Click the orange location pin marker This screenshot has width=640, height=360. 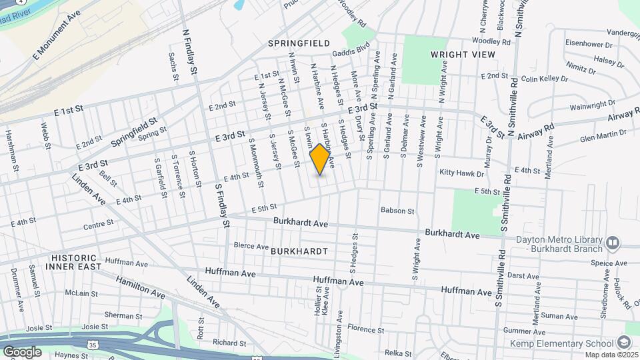[320, 159]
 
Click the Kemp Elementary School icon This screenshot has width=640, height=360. [623, 343]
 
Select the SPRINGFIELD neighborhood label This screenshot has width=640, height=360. [299, 43]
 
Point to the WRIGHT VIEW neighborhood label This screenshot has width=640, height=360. [463, 54]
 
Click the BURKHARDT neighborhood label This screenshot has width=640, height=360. [299, 251]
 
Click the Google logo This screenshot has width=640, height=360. [22, 351]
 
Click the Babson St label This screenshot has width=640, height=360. [397, 211]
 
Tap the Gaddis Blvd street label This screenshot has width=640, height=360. [353, 49]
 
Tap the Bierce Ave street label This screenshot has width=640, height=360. [251, 245]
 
